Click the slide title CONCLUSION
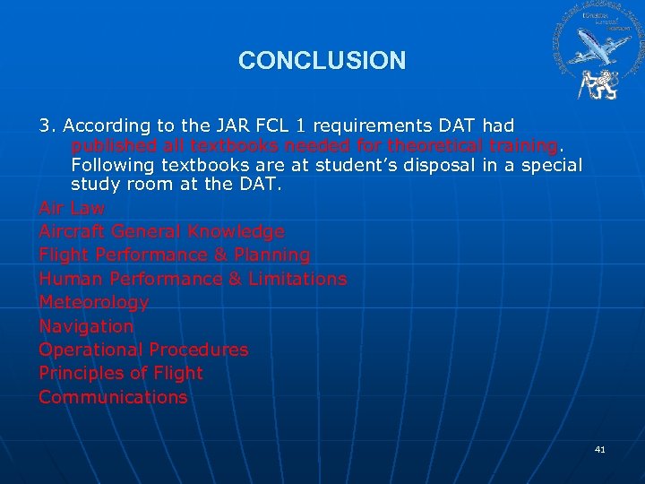tap(322, 61)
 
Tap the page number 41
tap(600, 449)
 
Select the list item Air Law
tap(72, 208)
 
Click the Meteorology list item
tap(93, 302)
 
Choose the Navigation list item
tap(86, 326)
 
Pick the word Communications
tap(113, 397)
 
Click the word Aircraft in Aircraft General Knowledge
tap(68, 231)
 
